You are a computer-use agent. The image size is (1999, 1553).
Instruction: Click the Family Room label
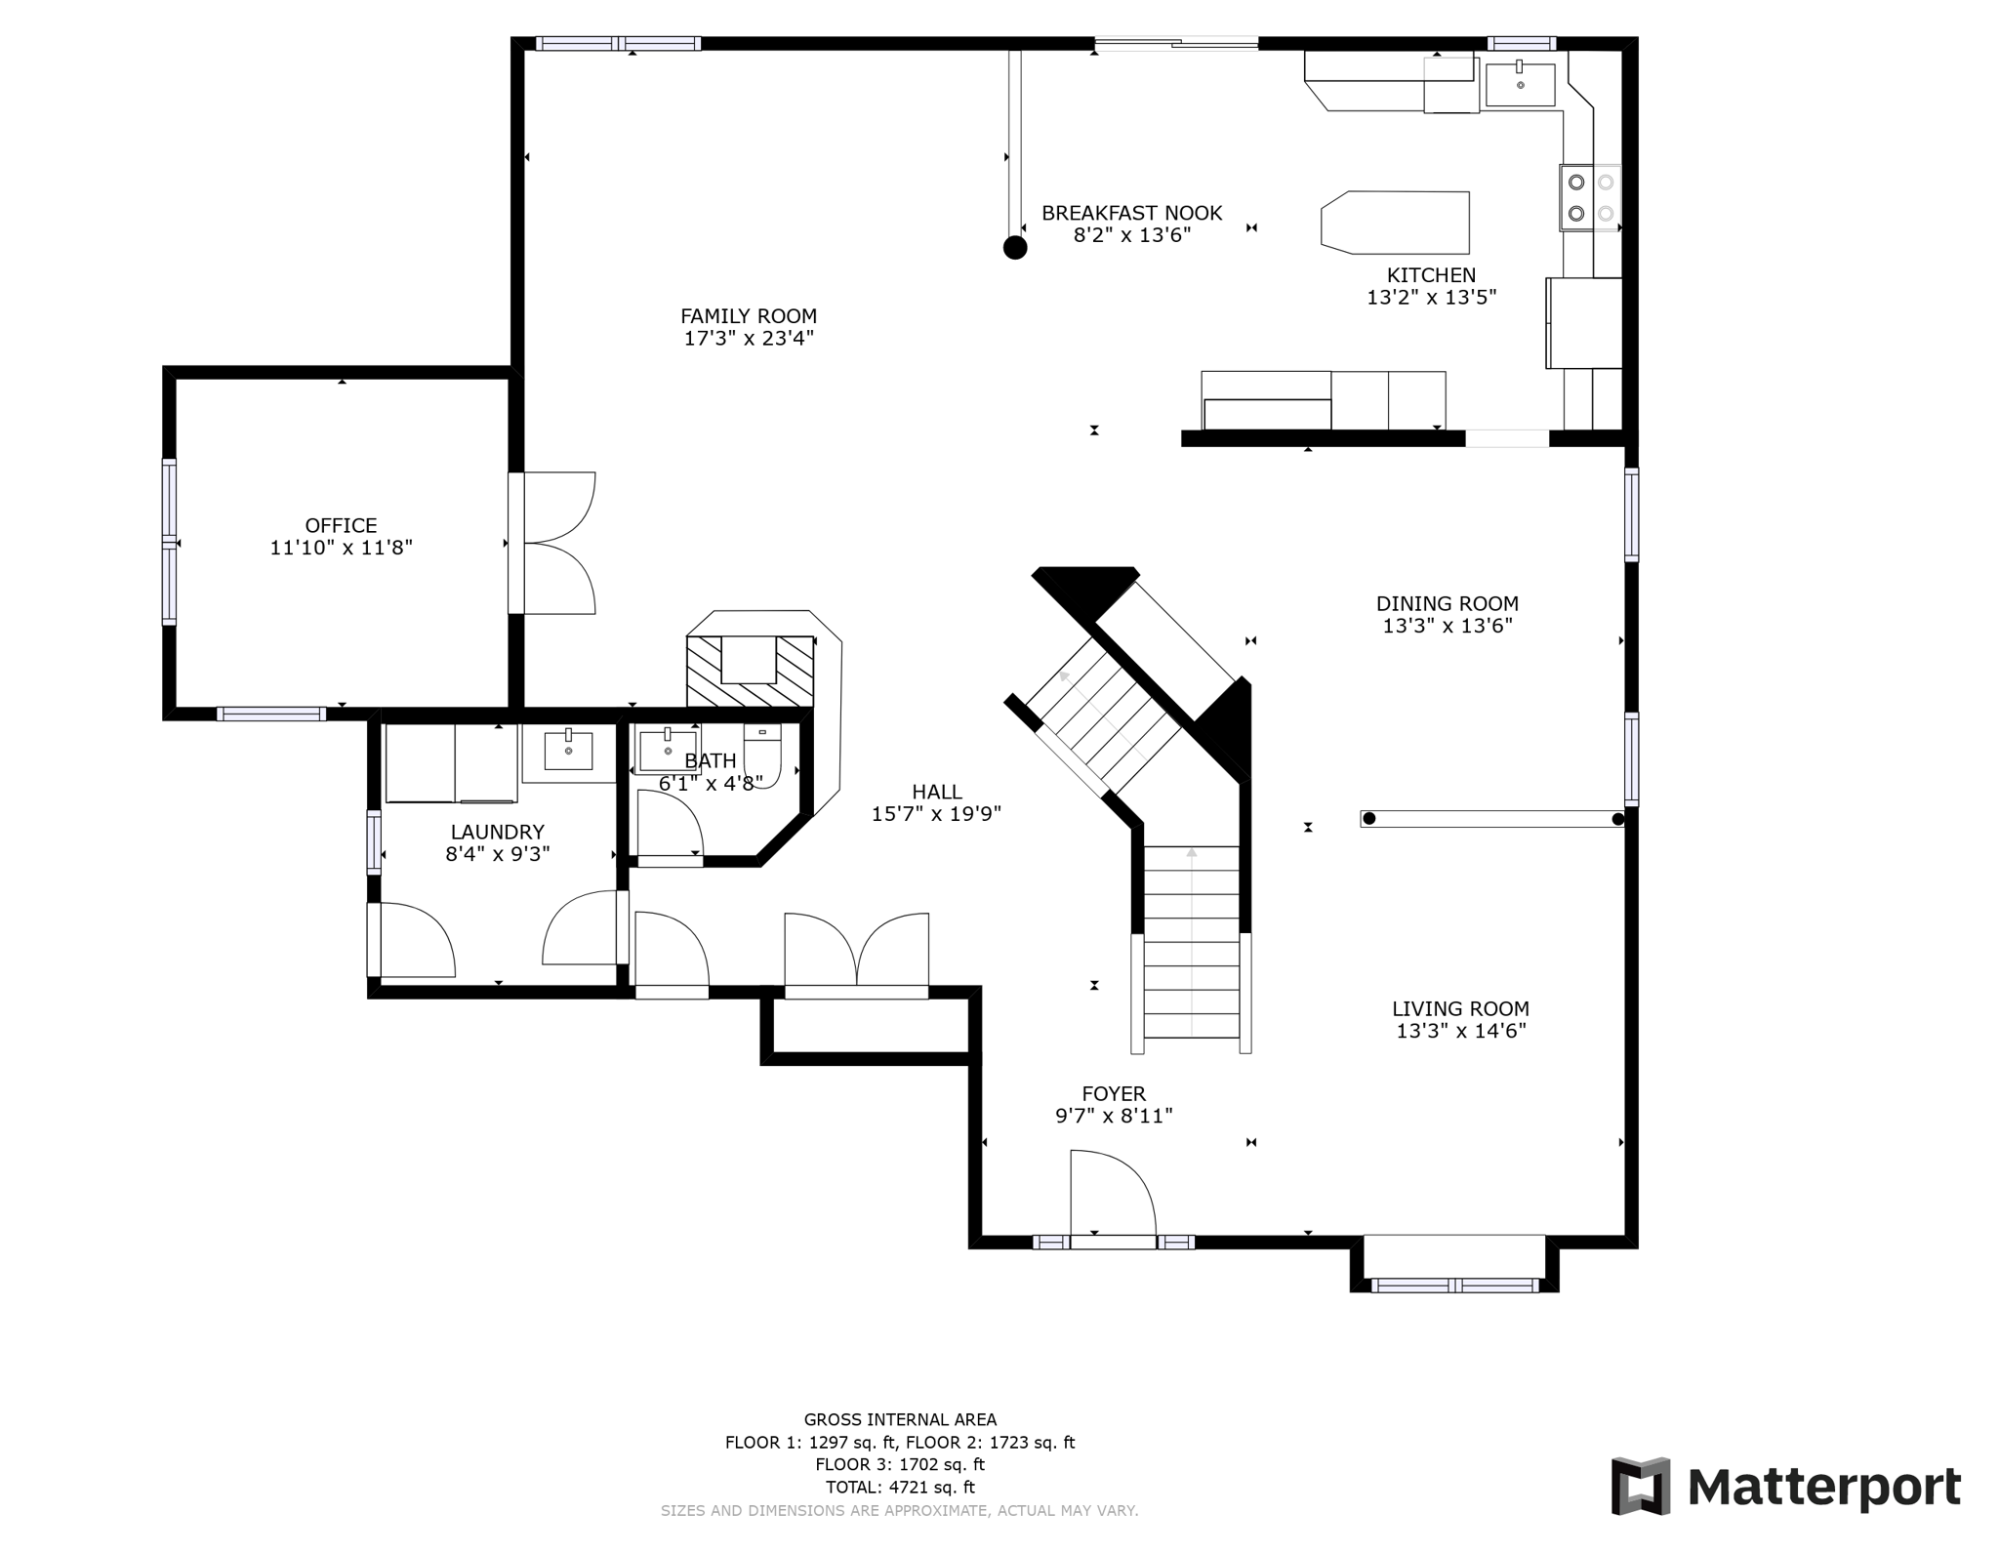[749, 316]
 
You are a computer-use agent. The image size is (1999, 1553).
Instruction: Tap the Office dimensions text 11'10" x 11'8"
[342, 548]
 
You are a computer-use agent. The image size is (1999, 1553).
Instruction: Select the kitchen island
[1395, 223]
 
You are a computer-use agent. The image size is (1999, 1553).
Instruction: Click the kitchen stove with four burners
[1590, 197]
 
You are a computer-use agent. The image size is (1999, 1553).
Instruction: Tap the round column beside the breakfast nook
[1015, 247]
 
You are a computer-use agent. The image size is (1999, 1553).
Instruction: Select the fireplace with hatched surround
[750, 670]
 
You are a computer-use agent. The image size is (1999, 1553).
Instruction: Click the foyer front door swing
[1113, 1195]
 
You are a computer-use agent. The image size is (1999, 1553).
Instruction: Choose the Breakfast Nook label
[1132, 213]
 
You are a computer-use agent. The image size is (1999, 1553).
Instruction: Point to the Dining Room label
[1448, 604]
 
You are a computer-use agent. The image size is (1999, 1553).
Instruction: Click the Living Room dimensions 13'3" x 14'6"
[1461, 1031]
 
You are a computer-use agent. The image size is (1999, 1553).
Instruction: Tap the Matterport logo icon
[1641, 1486]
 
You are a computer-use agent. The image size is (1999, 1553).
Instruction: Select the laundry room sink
[568, 752]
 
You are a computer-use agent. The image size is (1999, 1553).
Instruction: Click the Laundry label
[498, 832]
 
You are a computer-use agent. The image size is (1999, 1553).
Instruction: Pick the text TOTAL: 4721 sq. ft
[900, 1488]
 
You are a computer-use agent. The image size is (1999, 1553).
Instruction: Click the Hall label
[937, 792]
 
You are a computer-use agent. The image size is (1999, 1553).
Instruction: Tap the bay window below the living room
[1454, 1264]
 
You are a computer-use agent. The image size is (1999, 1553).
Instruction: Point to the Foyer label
[1114, 1094]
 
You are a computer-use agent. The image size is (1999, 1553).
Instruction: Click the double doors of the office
[552, 543]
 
